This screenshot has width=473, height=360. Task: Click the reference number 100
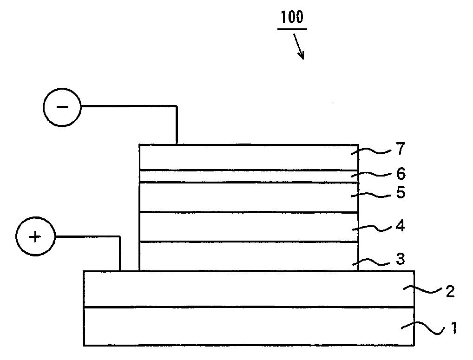(292, 18)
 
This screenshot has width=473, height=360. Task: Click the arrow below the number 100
(298, 46)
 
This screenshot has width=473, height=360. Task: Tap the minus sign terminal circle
(62, 107)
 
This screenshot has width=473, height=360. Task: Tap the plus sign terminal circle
(35, 236)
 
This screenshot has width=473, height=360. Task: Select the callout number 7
(401, 149)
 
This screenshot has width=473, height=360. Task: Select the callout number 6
(401, 174)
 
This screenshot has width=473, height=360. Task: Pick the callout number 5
(401, 192)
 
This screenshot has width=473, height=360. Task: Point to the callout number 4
(401, 226)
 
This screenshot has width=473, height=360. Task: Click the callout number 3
(401, 259)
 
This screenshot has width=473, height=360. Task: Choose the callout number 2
(450, 292)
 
